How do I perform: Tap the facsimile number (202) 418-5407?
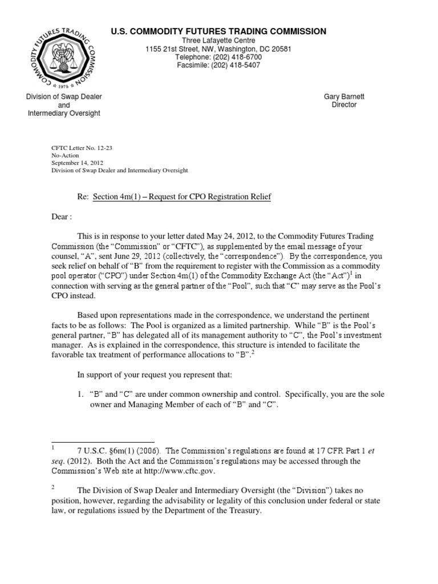click(236, 66)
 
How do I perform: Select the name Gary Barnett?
click(344, 97)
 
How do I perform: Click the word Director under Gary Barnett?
click(344, 105)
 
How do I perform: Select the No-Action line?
click(66, 155)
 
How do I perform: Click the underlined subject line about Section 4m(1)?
click(182, 197)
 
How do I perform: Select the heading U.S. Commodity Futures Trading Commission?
click(219, 31)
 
